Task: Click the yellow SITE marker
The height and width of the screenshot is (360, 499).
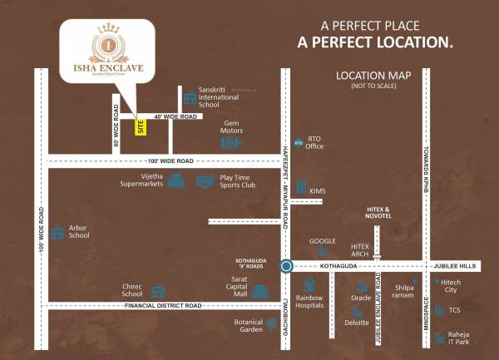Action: click(x=141, y=128)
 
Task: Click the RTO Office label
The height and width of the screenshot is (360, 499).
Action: click(x=314, y=143)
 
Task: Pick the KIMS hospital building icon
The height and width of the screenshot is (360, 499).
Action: click(x=302, y=188)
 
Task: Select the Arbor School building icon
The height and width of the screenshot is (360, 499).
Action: click(x=57, y=232)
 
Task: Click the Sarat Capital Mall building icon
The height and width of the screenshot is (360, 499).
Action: click(x=260, y=292)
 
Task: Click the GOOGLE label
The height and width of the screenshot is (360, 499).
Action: click(x=323, y=241)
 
